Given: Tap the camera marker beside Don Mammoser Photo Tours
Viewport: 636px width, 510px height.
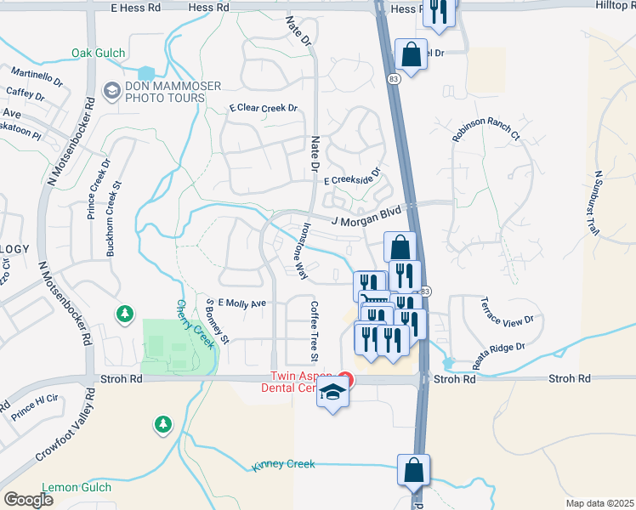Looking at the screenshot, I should coord(111,90).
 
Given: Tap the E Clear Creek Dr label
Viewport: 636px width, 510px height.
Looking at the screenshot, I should coord(264,108).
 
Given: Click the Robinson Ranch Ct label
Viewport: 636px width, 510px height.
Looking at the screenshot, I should coord(486,130).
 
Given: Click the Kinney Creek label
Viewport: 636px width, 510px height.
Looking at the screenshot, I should coord(283,465).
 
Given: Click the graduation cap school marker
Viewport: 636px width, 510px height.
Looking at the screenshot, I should coord(333,394).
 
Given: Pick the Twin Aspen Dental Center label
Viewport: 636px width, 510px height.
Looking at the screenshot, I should coord(306,382).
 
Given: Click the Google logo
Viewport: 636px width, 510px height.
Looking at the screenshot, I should coord(27,500).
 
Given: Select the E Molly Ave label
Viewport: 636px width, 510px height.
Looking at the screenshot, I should coord(242,303).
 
